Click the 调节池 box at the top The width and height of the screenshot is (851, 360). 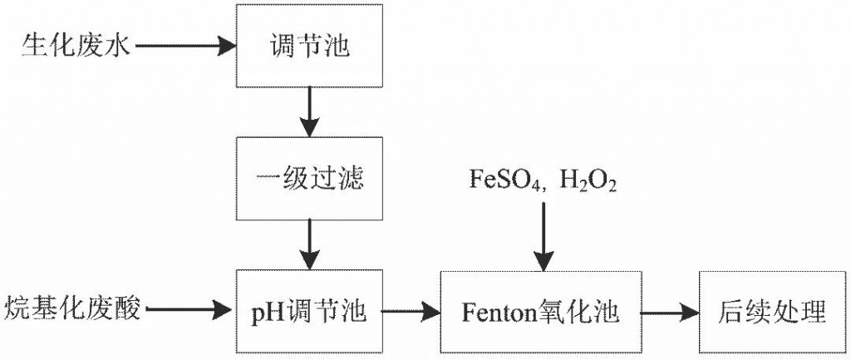[x=310, y=47]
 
